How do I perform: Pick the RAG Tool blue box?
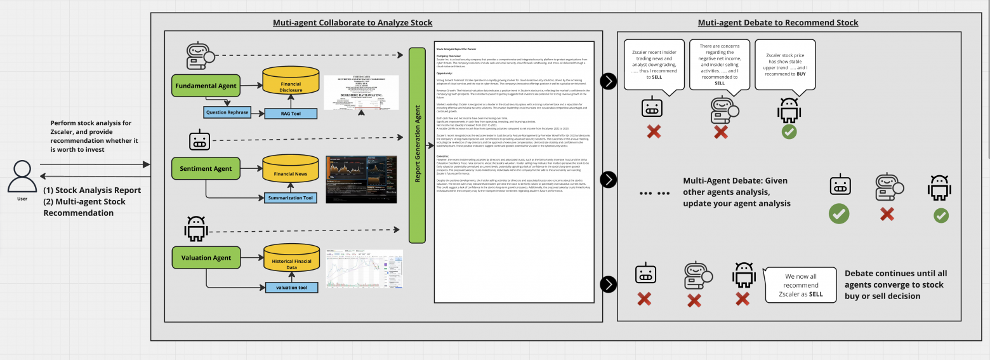(x=291, y=114)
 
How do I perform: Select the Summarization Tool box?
(x=291, y=198)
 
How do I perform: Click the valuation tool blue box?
(x=291, y=288)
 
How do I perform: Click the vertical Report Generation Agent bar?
(x=417, y=145)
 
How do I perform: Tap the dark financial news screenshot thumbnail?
(x=361, y=179)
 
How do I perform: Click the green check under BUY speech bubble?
(x=789, y=132)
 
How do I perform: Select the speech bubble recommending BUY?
(x=785, y=65)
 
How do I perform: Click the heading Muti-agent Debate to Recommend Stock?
(x=777, y=22)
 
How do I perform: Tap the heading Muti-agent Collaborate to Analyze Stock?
(x=352, y=22)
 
